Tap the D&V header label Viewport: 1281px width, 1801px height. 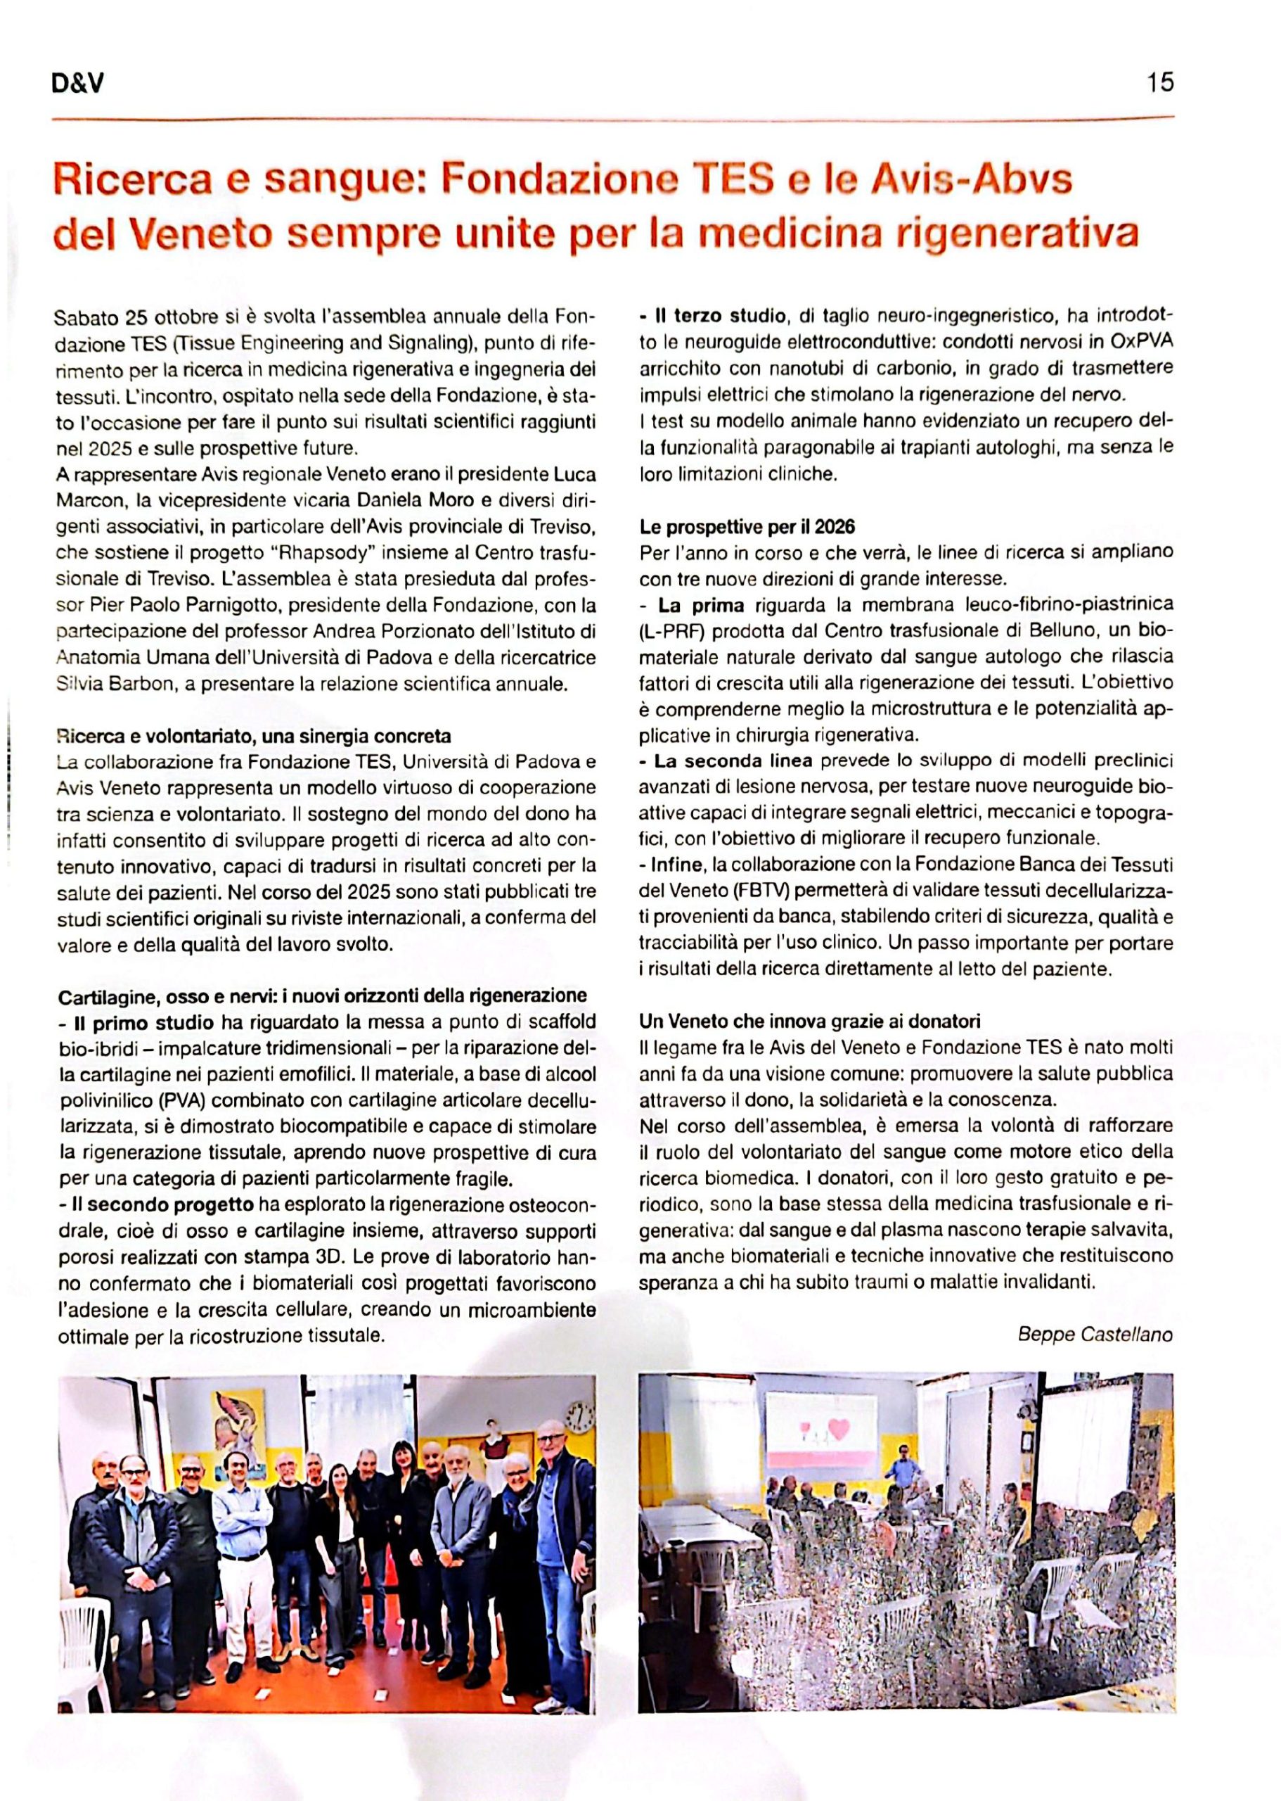78,84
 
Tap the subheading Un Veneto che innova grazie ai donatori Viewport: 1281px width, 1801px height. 809,1022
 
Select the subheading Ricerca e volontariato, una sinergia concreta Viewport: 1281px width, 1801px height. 253,737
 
